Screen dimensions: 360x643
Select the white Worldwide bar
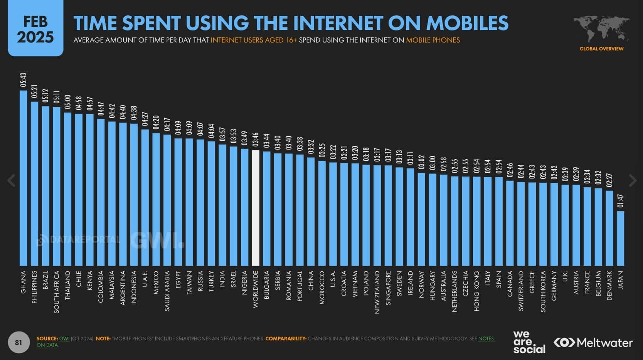255,208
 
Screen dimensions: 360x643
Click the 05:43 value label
24,80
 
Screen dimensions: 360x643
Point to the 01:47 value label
620,201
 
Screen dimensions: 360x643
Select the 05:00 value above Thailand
68,102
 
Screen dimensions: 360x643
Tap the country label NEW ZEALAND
377,292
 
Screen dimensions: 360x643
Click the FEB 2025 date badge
35,29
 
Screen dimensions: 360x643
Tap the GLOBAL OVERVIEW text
601,49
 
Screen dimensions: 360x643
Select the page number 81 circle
19,342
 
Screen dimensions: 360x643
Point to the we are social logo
529,342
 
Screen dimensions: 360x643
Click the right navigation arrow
633,180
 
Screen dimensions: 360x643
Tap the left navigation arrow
11,180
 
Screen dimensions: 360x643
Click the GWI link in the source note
64,338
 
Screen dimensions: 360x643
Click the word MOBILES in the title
467,23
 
